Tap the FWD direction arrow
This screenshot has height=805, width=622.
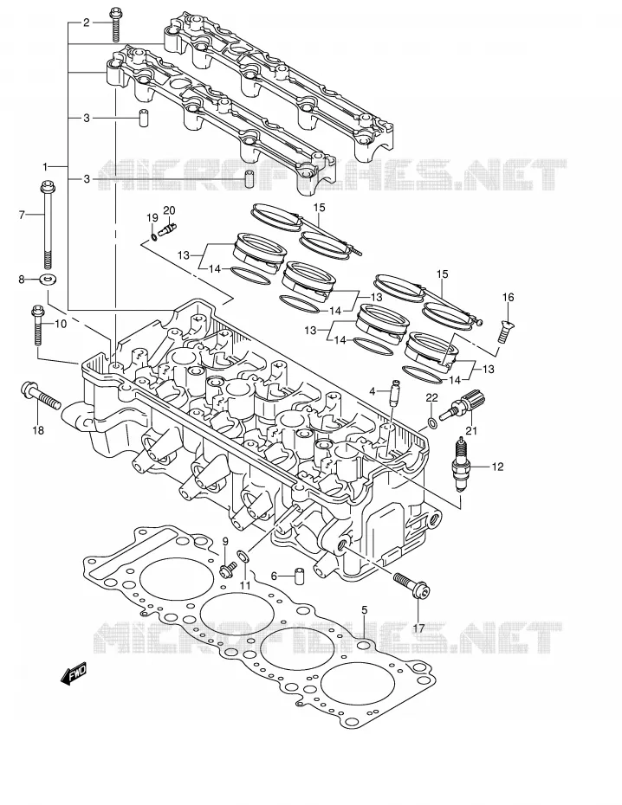pyautogui.click(x=74, y=673)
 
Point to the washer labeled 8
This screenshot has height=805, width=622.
pyautogui.click(x=49, y=280)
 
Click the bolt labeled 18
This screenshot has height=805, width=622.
pyautogui.click(x=41, y=396)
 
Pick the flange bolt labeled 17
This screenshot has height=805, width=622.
pyautogui.click(x=412, y=586)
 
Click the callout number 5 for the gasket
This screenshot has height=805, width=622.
pyautogui.click(x=364, y=610)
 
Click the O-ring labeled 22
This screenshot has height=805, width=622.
pyautogui.click(x=432, y=423)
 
